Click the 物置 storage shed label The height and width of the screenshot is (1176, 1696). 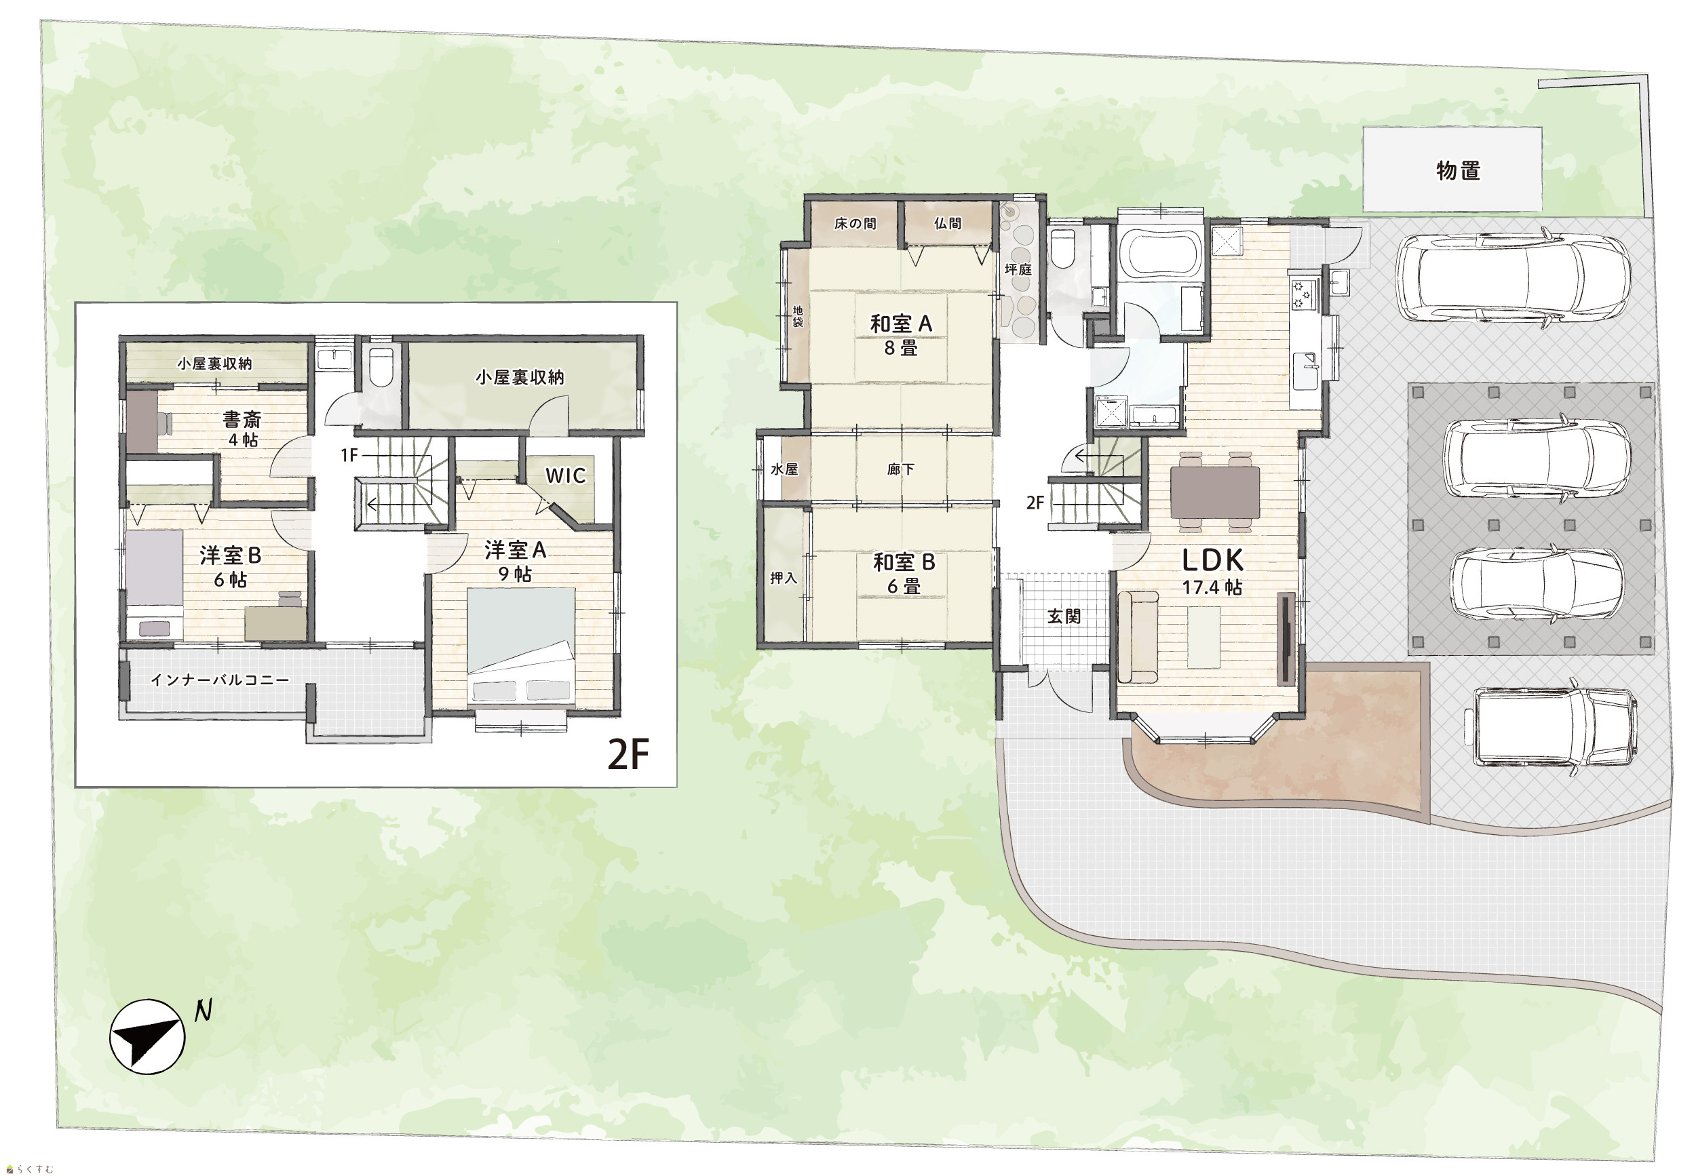point(1457,171)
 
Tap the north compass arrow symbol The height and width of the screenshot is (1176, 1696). point(147,1036)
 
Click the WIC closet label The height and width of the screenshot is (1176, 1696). point(565,476)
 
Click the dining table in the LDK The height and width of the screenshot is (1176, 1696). point(1215,492)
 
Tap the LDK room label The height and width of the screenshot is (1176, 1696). point(1212,561)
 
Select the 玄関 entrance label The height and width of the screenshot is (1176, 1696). point(1064,616)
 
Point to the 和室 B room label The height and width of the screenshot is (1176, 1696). point(904,562)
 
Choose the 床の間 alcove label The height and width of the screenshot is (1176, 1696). point(855,223)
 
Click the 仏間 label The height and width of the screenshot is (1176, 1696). point(947,223)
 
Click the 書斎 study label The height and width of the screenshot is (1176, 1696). point(242,420)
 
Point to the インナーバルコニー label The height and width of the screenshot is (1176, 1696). point(220,680)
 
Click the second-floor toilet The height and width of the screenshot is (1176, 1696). point(381,367)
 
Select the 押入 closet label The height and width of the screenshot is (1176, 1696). point(784,578)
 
